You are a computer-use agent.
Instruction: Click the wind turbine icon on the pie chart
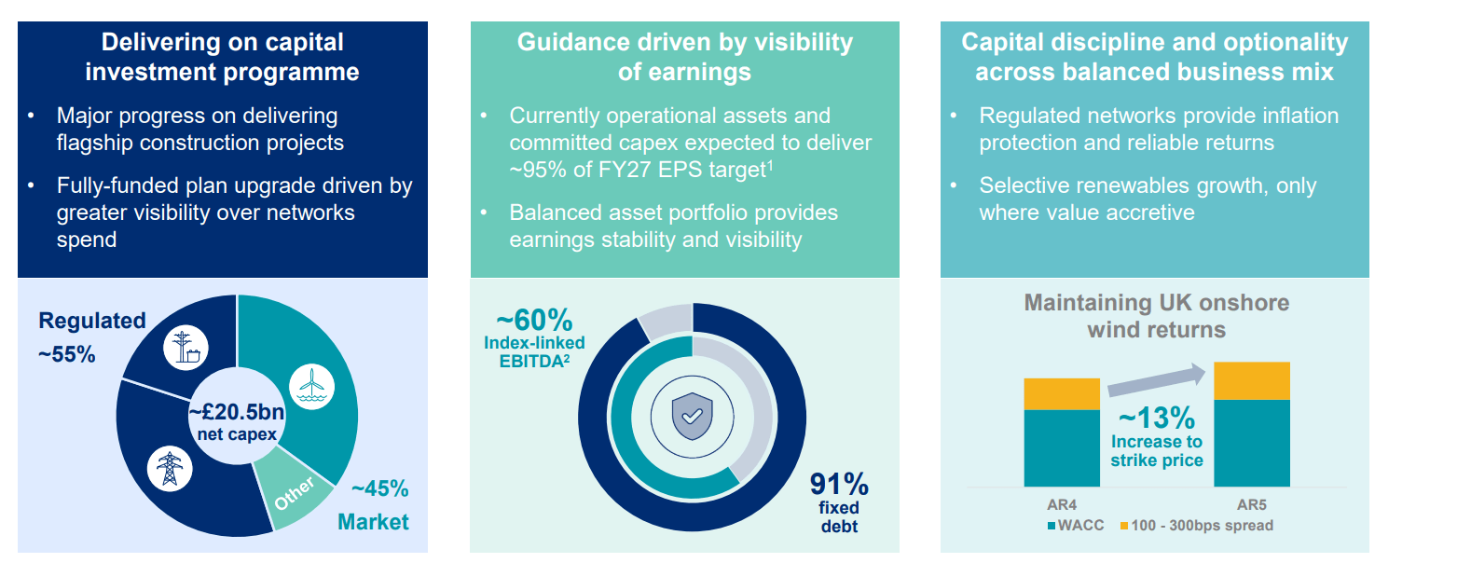click(311, 386)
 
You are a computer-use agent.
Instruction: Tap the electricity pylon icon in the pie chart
click(170, 468)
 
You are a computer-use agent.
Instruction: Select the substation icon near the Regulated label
click(186, 348)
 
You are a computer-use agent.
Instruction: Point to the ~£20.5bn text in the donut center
click(237, 412)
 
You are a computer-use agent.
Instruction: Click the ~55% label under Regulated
click(67, 354)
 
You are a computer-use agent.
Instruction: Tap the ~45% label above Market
click(380, 488)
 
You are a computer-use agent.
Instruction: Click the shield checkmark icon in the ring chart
click(692, 416)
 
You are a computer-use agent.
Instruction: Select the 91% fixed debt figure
click(839, 485)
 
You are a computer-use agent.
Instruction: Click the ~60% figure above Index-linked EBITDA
click(534, 320)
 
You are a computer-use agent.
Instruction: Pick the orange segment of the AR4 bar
click(1062, 393)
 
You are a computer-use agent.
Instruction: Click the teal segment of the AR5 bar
click(1252, 443)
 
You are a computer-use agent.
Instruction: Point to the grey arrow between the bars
click(1156, 379)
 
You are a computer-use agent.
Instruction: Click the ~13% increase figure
click(1157, 417)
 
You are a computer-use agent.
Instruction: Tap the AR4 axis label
click(1062, 504)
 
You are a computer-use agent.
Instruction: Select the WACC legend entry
click(1076, 526)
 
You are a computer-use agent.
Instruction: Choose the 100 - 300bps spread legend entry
click(1197, 526)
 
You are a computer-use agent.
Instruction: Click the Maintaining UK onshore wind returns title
click(1156, 316)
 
